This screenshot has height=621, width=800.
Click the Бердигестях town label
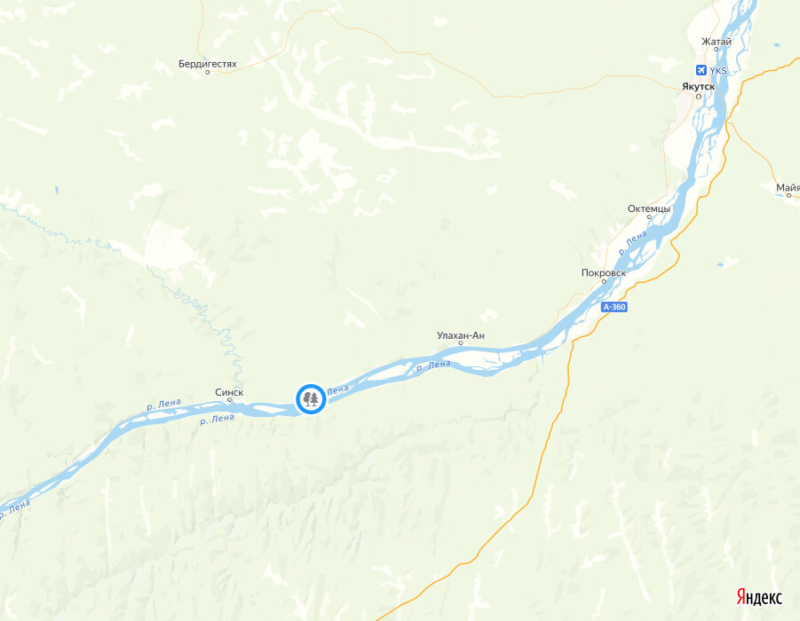pyautogui.click(x=207, y=64)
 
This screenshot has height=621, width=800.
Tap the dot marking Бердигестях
pyautogui.click(x=208, y=73)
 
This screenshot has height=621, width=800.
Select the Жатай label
pyautogui.click(x=716, y=41)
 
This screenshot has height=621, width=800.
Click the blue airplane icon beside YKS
pyautogui.click(x=701, y=70)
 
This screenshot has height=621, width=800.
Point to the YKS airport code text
pyautogui.click(x=718, y=70)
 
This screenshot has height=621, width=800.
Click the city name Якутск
pyautogui.click(x=698, y=86)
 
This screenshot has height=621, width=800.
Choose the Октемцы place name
pyautogui.click(x=649, y=208)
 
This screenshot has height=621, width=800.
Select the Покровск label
pyautogui.click(x=604, y=272)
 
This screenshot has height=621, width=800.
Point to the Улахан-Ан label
pyautogui.click(x=461, y=334)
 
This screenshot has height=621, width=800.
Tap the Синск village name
pyautogui.click(x=229, y=391)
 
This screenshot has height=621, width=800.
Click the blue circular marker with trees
pyautogui.click(x=310, y=399)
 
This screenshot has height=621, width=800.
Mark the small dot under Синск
pyautogui.click(x=229, y=400)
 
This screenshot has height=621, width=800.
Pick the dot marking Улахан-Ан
pyautogui.click(x=461, y=343)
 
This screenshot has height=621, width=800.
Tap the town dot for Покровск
pyautogui.click(x=604, y=282)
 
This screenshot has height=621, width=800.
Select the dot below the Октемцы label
pyautogui.click(x=649, y=218)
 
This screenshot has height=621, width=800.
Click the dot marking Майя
pyautogui.click(x=788, y=195)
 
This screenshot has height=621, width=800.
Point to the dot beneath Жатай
pyautogui.click(x=716, y=50)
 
